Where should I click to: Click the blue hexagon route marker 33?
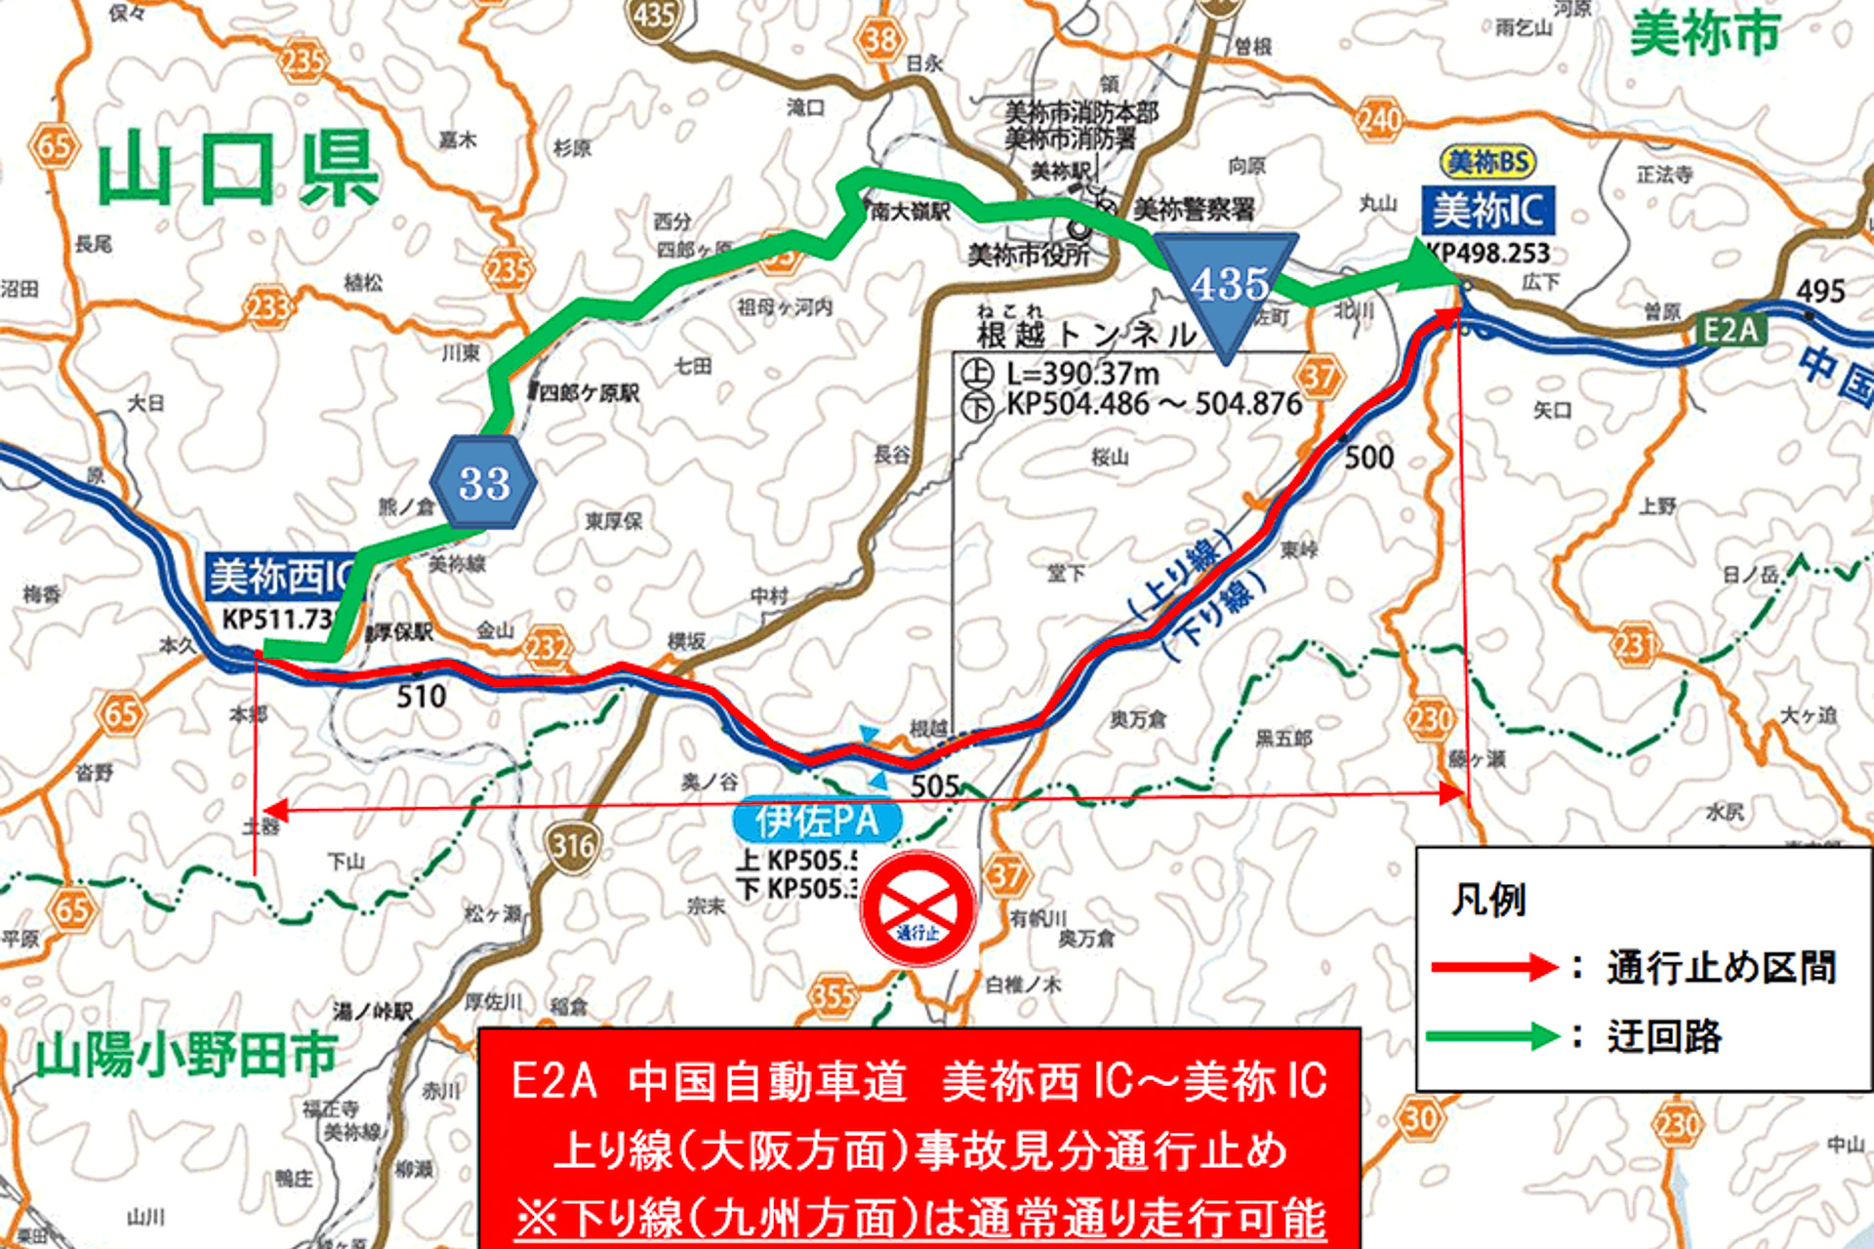[x=483, y=483]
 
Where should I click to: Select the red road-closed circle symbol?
[x=917, y=908]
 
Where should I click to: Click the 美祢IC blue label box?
[x=1487, y=211]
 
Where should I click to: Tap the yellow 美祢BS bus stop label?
[x=1487, y=162]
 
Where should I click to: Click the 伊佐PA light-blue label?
[x=816, y=822]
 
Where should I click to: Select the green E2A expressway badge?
[x=1731, y=330]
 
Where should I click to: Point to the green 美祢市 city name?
[x=1704, y=35]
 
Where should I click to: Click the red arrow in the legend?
[x=1493, y=967]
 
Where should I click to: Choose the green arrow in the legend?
[x=1493, y=1035]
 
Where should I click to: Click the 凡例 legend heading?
[x=1487, y=900]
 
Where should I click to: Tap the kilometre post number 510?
[x=421, y=697]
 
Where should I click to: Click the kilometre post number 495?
[x=1820, y=291]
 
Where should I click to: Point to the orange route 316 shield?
[x=573, y=845]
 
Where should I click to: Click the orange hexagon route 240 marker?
[x=1378, y=120]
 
